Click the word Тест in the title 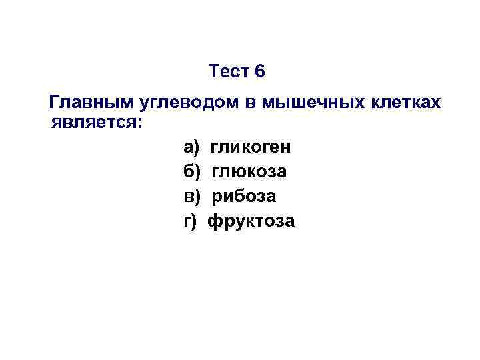[x=229, y=71]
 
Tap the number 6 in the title [x=260, y=71]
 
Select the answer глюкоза [x=250, y=171]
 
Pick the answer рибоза [x=244, y=196]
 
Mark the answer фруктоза [x=251, y=221]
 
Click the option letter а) [x=191, y=147]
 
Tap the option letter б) [x=191, y=171]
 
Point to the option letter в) [x=191, y=196]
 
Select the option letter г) [x=190, y=221]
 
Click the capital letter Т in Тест [x=213, y=71]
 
